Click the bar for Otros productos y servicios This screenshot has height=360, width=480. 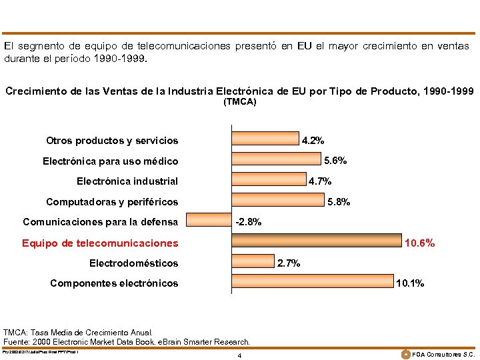[265, 137]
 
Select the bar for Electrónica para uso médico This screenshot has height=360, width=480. [276, 158]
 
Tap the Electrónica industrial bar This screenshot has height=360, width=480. [269, 178]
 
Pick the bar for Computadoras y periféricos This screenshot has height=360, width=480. [277, 199]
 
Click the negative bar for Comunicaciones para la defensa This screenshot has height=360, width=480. [209, 219]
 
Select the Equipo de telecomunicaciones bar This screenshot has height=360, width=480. [317, 240]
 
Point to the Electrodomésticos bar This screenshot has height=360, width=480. [253, 261]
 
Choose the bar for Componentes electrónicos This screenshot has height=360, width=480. [313, 281]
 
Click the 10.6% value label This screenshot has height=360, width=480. [420, 243]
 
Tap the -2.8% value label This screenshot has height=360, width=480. [249, 222]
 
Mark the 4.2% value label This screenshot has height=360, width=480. [313, 141]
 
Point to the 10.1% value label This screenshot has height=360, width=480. [409, 283]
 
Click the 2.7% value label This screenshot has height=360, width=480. [289, 263]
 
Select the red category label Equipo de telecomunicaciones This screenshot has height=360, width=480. [100, 243]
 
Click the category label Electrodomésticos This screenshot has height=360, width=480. [133, 263]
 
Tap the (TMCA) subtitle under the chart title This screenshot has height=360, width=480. [239, 102]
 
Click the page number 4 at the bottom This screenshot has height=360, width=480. [239, 355]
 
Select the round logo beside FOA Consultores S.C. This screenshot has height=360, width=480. [405, 353]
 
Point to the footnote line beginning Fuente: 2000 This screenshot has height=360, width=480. [127, 341]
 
